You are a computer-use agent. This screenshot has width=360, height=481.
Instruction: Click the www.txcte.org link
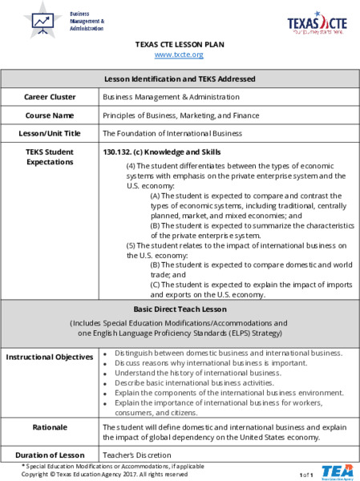point(179,55)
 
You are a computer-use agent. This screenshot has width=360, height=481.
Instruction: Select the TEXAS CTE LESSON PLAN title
point(179,45)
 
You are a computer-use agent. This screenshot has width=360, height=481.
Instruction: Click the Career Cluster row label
point(50,97)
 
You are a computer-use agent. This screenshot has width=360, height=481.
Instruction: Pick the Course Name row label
point(50,115)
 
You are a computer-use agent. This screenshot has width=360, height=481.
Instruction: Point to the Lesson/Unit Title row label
point(50,133)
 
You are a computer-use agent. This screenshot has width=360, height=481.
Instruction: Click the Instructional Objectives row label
point(50,357)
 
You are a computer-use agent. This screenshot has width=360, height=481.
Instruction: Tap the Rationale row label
point(50,427)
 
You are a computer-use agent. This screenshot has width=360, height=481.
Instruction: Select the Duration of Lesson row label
point(50,455)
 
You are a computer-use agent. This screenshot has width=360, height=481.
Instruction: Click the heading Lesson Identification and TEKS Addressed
point(180,79)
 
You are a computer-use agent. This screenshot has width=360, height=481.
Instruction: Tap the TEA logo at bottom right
point(337,471)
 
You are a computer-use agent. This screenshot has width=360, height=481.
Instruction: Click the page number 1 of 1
point(305,475)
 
